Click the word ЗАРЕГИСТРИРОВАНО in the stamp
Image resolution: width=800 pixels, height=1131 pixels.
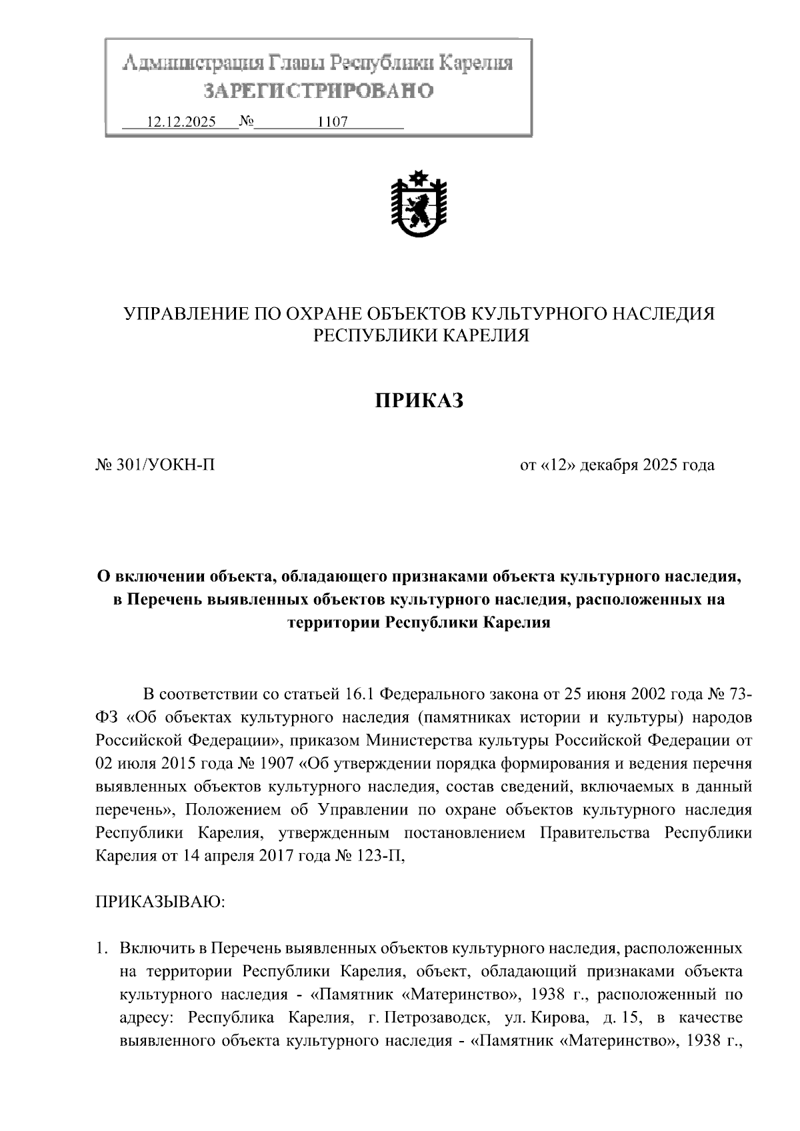coord(318,91)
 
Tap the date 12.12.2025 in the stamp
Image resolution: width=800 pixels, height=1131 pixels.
coord(181,123)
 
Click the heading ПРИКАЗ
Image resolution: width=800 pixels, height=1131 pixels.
coord(418,401)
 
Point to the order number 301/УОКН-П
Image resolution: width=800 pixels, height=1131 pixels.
coord(165,465)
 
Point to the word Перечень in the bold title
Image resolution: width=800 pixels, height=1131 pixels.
coord(165,600)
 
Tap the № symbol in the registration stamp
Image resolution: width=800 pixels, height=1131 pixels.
coord(247,122)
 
